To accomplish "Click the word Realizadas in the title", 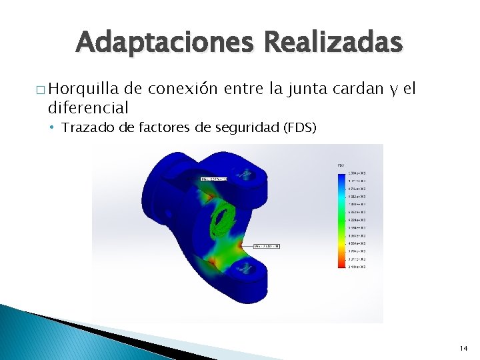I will (x=333, y=43).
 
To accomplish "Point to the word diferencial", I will (x=88, y=107).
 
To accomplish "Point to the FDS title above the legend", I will (x=341, y=165).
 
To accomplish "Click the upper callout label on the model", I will (x=213, y=179).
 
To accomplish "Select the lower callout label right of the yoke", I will (x=266, y=247).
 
